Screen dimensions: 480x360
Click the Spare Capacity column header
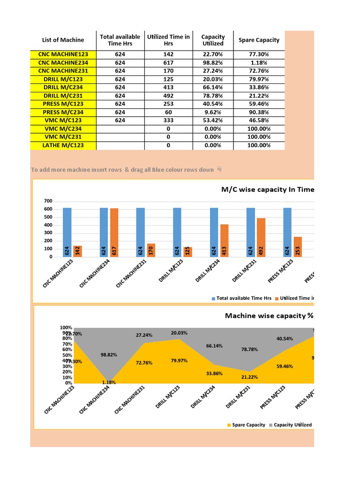259,40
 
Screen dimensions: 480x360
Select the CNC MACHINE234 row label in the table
63,63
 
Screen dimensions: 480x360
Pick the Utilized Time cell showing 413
168,88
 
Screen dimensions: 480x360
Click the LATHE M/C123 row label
63,145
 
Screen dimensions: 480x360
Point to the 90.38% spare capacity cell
259,112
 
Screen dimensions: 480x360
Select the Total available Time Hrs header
120,40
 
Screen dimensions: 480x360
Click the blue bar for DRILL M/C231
251,232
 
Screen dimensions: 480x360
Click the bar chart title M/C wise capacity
267,189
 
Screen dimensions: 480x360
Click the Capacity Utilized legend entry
292,425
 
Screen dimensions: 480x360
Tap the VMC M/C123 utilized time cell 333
168,120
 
